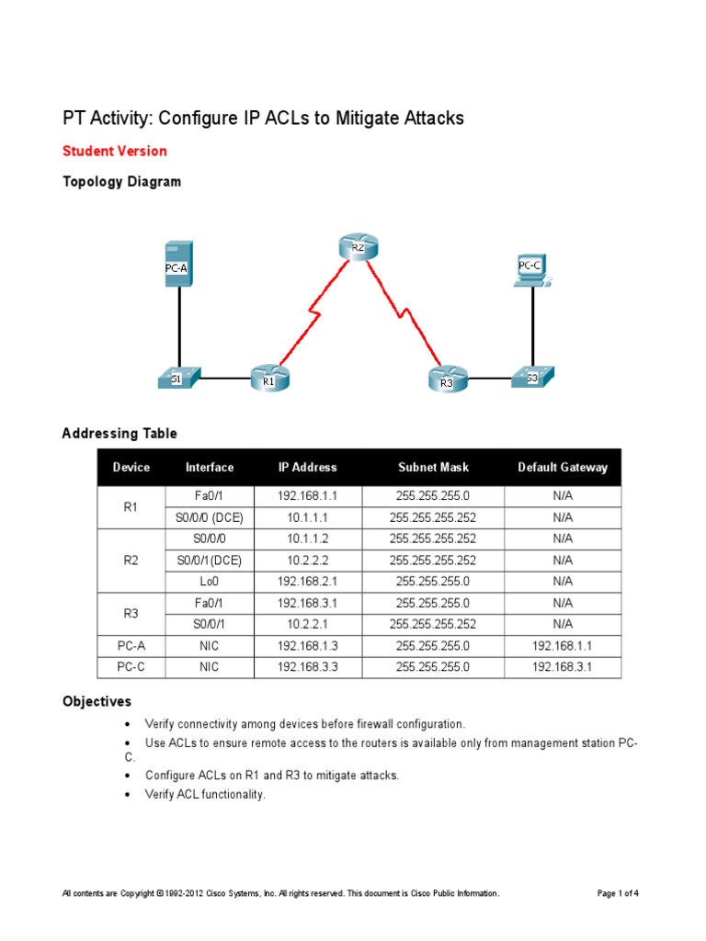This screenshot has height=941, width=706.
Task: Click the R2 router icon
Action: [358, 246]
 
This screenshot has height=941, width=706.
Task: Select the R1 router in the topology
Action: [269, 378]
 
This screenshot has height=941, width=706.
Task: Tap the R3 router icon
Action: [448, 379]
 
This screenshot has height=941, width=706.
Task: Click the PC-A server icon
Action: [177, 264]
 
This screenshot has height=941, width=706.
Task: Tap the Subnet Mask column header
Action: [433, 467]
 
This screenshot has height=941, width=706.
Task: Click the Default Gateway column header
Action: [563, 467]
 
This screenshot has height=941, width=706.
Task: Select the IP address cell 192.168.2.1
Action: [308, 581]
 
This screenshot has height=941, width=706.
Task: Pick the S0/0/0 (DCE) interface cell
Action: [210, 517]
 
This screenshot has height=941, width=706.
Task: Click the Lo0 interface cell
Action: [210, 581]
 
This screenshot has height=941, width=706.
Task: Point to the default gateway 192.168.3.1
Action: [563, 667]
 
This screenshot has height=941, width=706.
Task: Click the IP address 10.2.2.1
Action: [308, 624]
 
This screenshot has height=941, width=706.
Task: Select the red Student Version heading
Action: [114, 151]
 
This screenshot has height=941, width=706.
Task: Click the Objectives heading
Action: [97, 701]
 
